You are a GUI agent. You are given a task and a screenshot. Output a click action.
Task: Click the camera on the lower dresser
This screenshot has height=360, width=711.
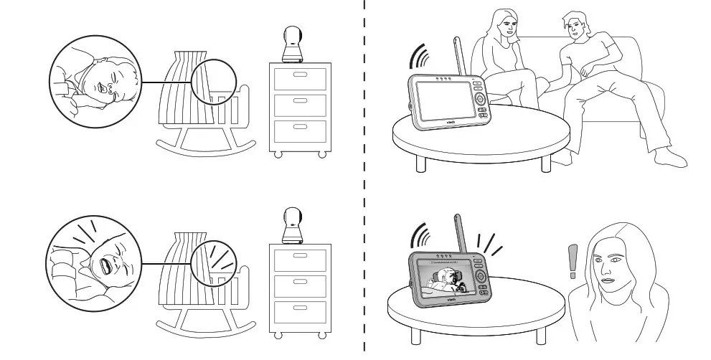point(293,226)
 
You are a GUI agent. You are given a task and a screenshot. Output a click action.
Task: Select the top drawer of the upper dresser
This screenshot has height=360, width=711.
point(300,78)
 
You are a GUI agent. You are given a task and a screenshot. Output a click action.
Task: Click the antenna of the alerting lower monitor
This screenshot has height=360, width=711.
point(461,233)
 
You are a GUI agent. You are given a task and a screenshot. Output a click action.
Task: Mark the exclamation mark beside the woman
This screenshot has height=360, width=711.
point(572,261)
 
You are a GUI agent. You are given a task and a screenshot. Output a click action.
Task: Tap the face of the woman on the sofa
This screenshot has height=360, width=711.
point(508,27)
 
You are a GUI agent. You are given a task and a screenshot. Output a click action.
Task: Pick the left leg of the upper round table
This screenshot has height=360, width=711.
point(421,164)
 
